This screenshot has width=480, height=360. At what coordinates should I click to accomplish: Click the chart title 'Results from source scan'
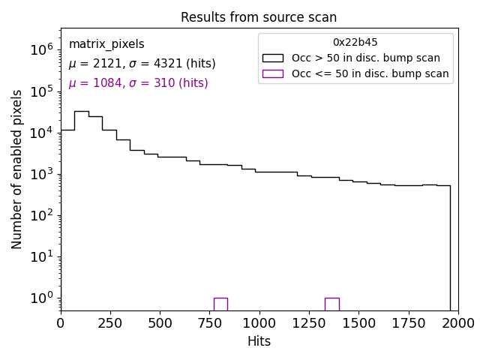259,17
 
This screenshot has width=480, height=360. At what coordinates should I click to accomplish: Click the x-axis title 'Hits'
259,341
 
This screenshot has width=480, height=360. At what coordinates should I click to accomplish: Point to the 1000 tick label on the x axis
259,322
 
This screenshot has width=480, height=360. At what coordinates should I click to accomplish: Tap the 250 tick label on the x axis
110,322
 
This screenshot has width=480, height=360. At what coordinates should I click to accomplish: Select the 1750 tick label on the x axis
408,322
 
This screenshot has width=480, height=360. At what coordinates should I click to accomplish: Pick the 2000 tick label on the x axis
457,322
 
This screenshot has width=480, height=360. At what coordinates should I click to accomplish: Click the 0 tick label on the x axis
61,322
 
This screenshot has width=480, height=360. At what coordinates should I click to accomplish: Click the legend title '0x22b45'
355,43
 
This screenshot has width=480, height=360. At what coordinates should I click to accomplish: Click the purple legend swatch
272,73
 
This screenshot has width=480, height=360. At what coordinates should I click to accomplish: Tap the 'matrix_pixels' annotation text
106,44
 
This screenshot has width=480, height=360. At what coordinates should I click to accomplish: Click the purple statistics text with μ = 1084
138,83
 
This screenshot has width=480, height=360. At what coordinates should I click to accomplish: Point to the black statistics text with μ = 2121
142,64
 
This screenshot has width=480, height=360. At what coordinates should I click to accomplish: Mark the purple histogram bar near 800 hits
220,304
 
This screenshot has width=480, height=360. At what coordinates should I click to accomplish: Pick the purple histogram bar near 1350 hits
331,304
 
